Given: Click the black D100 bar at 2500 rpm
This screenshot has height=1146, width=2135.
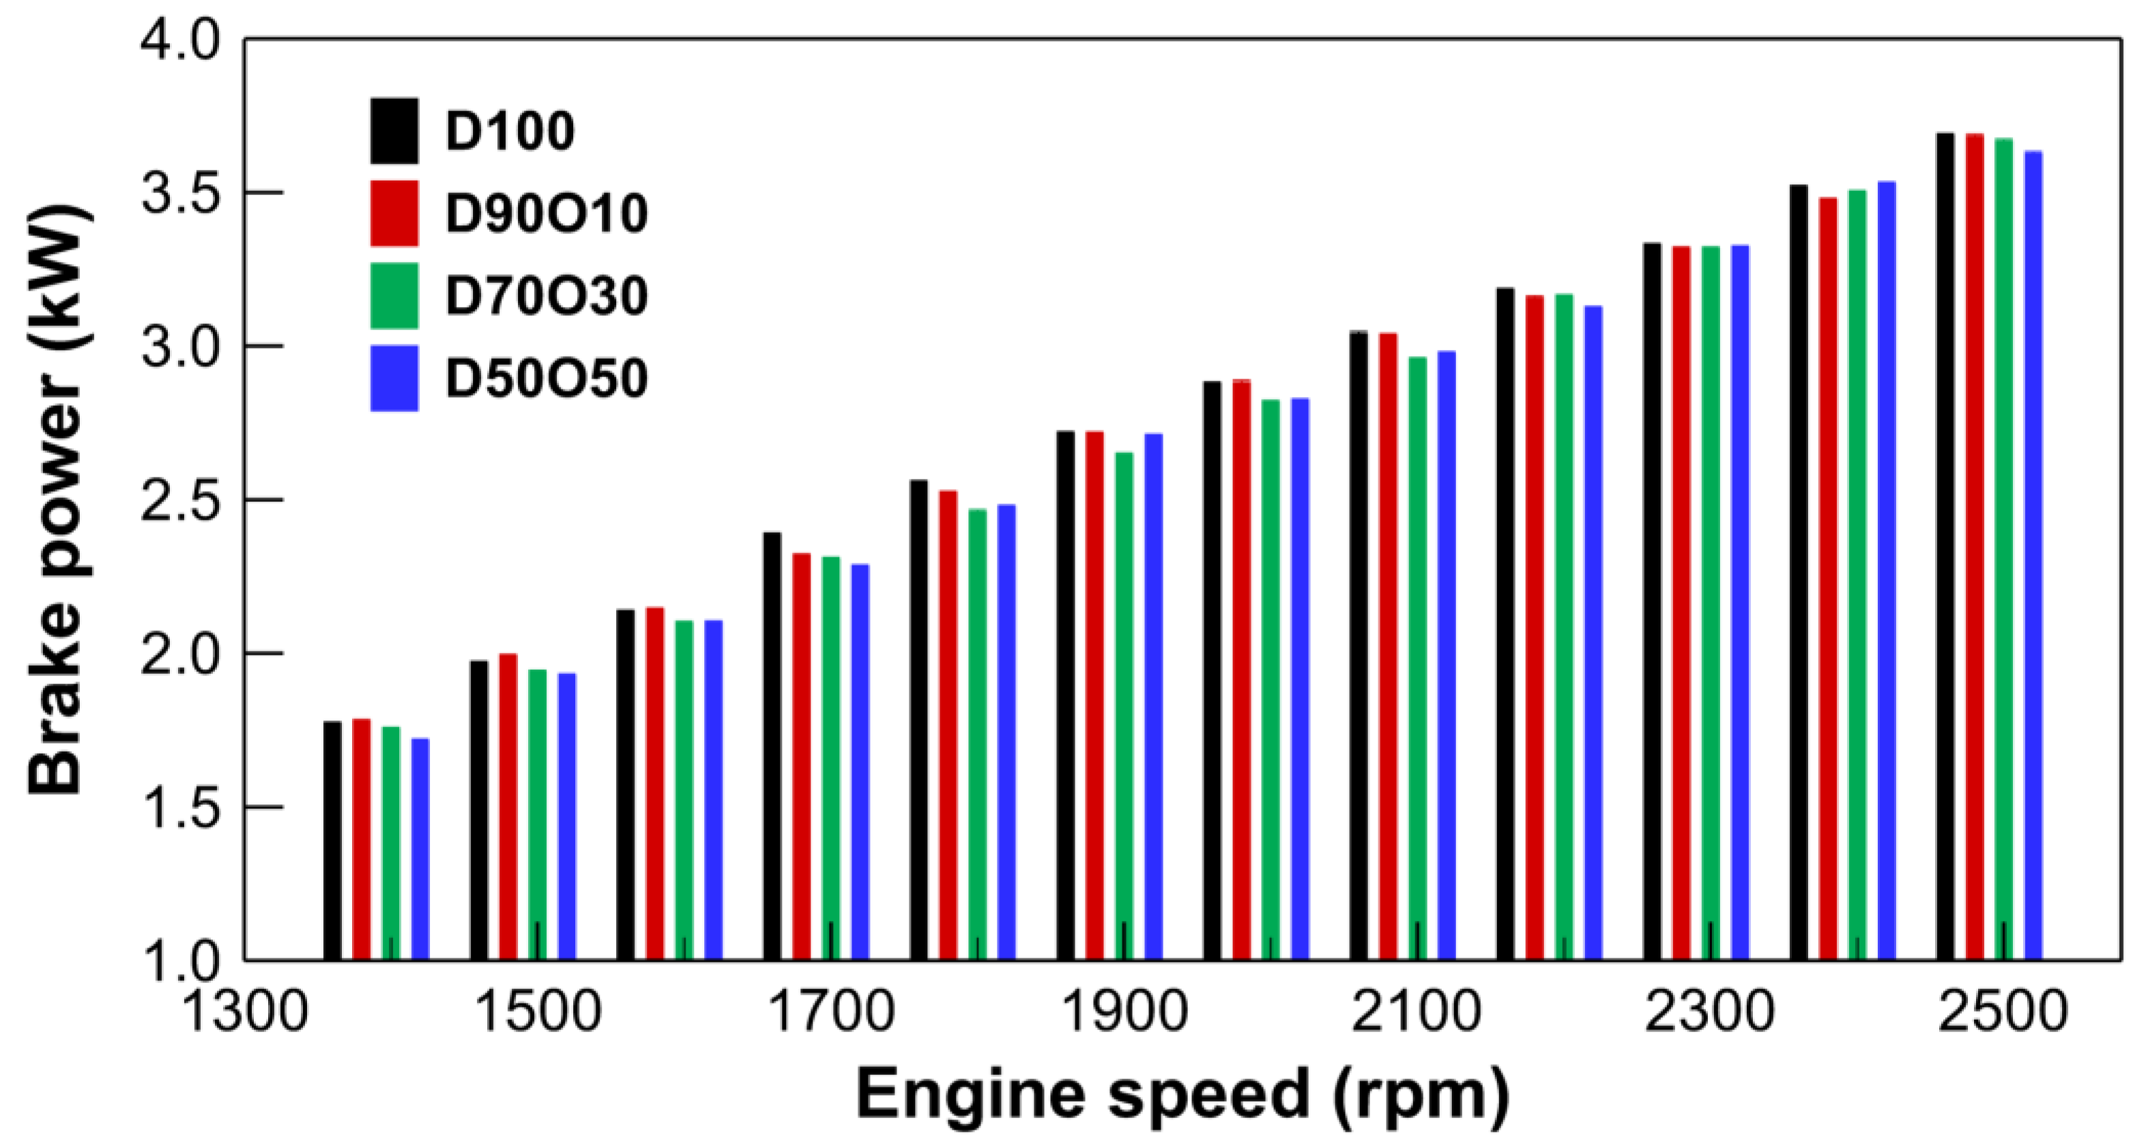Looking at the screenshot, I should click(x=1945, y=547).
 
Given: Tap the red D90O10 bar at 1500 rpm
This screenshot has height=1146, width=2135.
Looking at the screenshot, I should click(x=508, y=808).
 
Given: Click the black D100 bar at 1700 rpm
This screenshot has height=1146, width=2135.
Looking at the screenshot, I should click(x=772, y=746).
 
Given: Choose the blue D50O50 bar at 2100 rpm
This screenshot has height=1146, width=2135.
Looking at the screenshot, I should click(x=1447, y=656).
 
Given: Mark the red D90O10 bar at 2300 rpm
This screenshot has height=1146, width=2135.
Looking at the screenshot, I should click(x=1681, y=603).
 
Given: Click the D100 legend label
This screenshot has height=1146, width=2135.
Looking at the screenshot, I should click(x=510, y=131).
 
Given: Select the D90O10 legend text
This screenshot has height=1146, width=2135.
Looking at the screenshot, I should click(x=546, y=214).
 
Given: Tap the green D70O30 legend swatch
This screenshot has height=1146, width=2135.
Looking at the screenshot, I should click(x=394, y=296).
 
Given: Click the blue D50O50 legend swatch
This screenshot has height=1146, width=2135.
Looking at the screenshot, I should click(x=394, y=379).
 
